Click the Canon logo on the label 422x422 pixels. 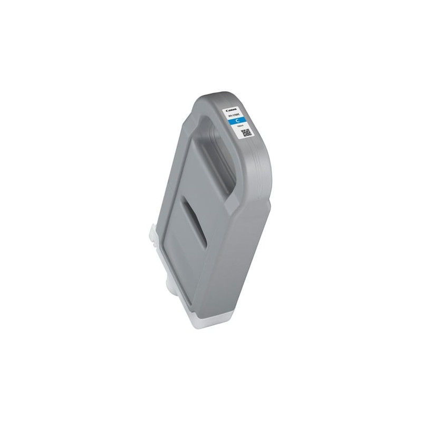click(x=232, y=110)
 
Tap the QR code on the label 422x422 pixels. click(x=246, y=133)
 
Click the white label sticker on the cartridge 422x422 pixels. click(x=239, y=122)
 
